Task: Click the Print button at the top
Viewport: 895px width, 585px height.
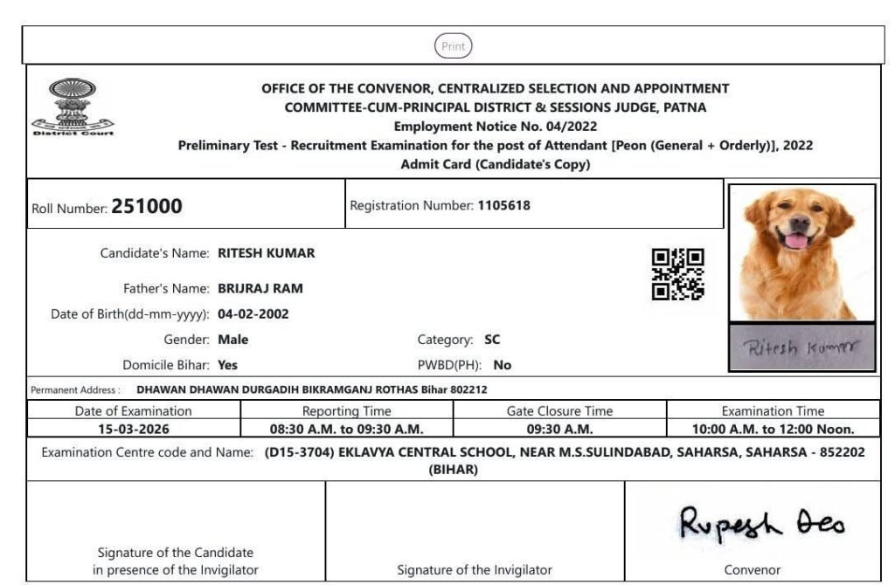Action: (453, 46)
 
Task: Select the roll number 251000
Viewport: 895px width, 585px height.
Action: (147, 207)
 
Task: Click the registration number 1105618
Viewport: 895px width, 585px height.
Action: (503, 206)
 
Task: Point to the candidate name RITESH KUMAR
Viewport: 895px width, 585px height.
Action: (266, 253)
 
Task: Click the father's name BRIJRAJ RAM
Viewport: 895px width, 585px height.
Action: (260, 288)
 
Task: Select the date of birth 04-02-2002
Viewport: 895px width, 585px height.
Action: (253, 314)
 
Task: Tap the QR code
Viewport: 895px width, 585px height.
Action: (678, 274)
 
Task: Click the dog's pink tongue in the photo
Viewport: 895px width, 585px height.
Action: (796, 240)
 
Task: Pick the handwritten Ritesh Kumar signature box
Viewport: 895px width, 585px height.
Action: (801, 348)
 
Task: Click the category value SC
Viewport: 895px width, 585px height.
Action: (492, 340)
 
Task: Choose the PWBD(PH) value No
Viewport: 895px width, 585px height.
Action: (503, 365)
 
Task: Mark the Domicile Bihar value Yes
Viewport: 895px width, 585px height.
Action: (227, 365)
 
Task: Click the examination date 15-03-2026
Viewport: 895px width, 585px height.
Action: (134, 429)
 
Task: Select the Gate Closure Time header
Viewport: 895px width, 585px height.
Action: (559, 410)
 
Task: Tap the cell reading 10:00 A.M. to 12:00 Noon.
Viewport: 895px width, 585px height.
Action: (773, 429)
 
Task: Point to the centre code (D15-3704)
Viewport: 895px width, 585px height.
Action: (300, 452)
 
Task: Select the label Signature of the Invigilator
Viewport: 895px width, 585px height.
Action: (475, 570)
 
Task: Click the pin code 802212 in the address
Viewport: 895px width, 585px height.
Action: (468, 389)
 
